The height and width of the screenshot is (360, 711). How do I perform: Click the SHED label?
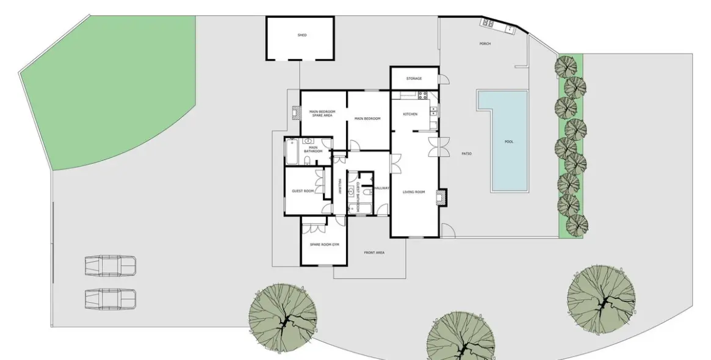pyautogui.click(x=301, y=35)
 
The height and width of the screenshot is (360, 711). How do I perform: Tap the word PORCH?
pyautogui.click(x=485, y=44)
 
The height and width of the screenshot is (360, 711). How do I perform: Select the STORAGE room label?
pyautogui.click(x=414, y=79)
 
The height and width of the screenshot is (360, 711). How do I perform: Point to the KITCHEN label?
pyautogui.click(x=410, y=115)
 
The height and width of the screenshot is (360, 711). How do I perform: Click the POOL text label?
pyautogui.click(x=508, y=142)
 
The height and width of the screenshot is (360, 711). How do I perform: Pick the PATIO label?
pyautogui.click(x=466, y=153)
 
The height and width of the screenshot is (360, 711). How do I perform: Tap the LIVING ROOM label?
pyautogui.click(x=414, y=192)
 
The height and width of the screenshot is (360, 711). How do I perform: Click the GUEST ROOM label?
pyautogui.click(x=303, y=191)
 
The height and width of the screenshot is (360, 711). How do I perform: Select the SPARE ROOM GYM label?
pyautogui.click(x=324, y=245)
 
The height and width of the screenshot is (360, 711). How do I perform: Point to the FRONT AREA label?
pyautogui.click(x=374, y=253)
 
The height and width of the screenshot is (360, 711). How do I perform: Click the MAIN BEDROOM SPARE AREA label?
pyautogui.click(x=322, y=114)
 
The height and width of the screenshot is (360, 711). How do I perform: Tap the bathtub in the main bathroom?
pyautogui.click(x=292, y=153)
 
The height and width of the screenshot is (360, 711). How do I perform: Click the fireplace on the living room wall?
pyautogui.click(x=441, y=196)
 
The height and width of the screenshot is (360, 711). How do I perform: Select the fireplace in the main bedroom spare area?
pyautogui.click(x=295, y=113)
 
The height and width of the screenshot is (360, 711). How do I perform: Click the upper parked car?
pyautogui.click(x=110, y=266)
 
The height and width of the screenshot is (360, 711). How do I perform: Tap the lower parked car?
pyautogui.click(x=110, y=299)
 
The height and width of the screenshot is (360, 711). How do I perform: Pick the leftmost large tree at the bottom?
pyautogui.click(x=283, y=317)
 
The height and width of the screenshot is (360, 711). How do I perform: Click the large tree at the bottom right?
pyautogui.click(x=601, y=299)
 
